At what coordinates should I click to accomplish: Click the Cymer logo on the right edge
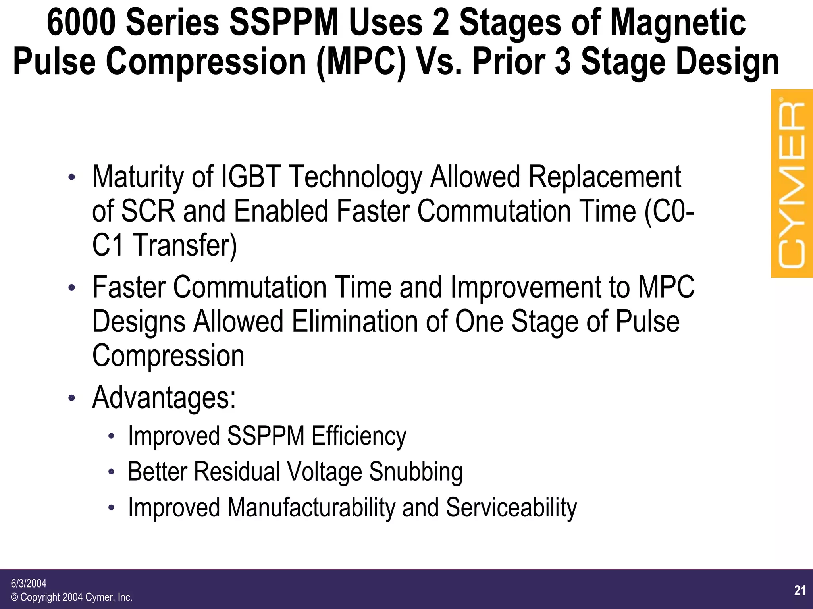(791, 183)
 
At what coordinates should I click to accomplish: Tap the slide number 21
(800, 590)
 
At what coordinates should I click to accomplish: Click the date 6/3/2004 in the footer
(29, 583)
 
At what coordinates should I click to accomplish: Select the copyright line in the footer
(71, 597)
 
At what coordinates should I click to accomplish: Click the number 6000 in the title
(81, 23)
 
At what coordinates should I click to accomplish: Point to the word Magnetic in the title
(678, 23)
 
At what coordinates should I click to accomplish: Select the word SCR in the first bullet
(148, 211)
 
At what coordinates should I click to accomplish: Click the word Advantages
(164, 397)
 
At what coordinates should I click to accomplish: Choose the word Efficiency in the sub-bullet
(359, 436)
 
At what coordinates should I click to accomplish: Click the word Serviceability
(511, 507)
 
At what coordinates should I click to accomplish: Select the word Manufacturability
(311, 507)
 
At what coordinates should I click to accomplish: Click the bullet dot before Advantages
(71, 397)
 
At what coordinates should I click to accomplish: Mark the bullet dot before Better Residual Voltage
(112, 472)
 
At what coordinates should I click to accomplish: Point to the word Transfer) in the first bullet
(185, 245)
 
